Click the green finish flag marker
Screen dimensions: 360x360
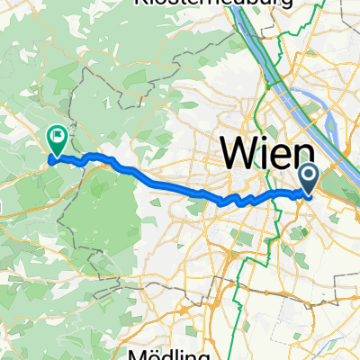pyautogui.click(x=56, y=141)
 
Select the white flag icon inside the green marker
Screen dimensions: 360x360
pyautogui.click(x=56, y=138)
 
